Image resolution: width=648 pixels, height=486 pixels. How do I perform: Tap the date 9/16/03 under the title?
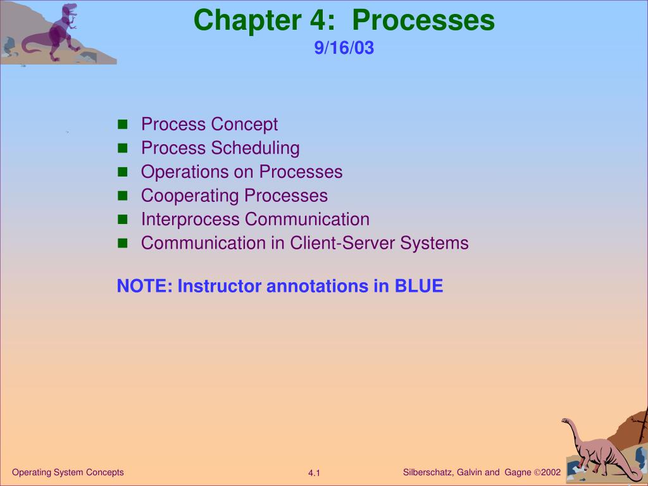(344, 47)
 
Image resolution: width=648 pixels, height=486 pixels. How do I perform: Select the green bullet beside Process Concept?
(122, 125)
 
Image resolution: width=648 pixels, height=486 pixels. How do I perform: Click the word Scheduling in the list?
(256, 148)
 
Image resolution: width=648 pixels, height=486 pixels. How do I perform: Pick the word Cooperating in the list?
(190, 196)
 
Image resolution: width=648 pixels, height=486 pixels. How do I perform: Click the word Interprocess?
(190, 220)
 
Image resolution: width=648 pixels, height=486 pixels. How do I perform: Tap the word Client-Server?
(342, 243)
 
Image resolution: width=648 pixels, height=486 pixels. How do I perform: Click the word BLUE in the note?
(419, 286)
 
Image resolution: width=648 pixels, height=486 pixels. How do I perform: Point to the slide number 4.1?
(314, 473)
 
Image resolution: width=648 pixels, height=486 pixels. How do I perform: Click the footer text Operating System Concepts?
(68, 472)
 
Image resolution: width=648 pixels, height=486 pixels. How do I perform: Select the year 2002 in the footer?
(551, 472)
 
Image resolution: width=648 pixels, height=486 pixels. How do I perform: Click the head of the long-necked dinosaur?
(566, 421)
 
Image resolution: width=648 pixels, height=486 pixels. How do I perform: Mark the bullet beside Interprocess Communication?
(122, 220)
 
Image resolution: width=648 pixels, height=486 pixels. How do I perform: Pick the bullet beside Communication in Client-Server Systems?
(122, 244)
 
